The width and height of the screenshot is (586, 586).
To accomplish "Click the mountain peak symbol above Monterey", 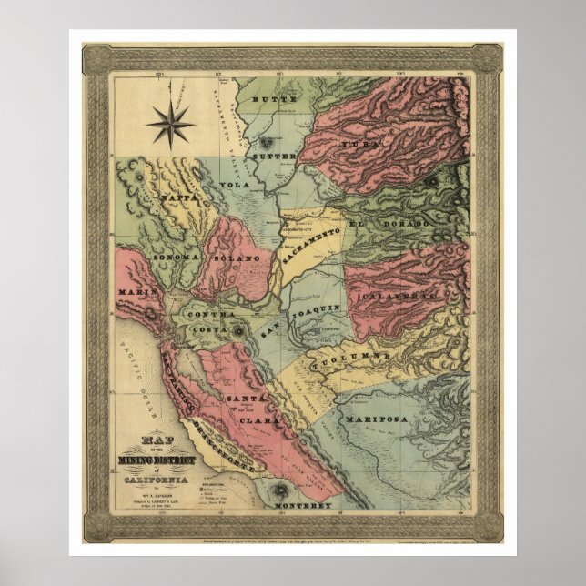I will [278, 493].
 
